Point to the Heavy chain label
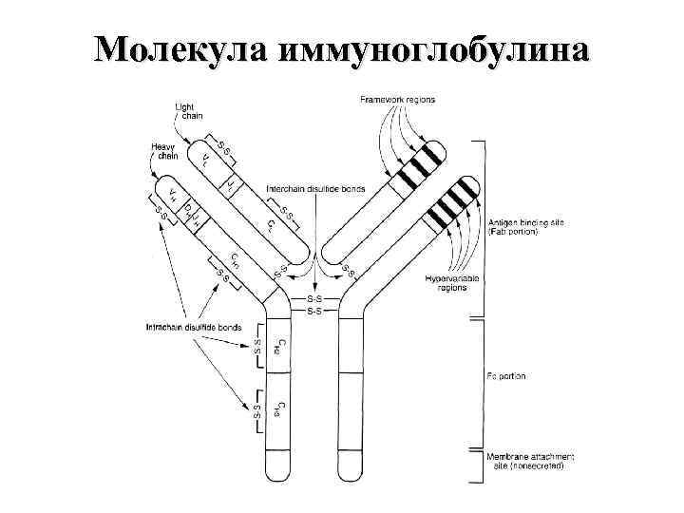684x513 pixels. click(162, 152)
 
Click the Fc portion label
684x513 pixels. click(506, 376)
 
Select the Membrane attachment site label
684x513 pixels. click(527, 462)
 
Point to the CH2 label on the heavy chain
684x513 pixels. click(276, 348)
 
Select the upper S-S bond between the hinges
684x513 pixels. click(315, 299)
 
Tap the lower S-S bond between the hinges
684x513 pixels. click(315, 312)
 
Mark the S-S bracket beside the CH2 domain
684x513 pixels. click(256, 348)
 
